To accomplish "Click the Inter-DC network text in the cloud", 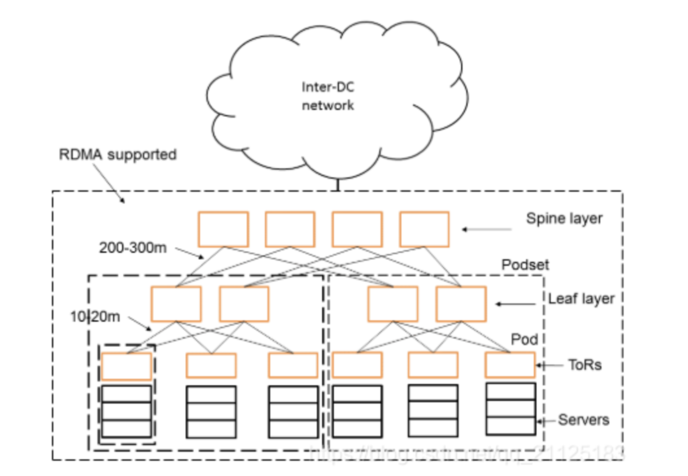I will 328,96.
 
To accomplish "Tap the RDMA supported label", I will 117,154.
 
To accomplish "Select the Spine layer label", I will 564,218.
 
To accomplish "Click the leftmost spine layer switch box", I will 223,229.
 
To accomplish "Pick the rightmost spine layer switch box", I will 424,229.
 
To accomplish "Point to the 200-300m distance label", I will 133,247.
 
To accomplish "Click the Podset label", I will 525,265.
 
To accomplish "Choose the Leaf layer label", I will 581,298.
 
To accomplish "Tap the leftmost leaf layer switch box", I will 176,304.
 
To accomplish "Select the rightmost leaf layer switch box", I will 461,304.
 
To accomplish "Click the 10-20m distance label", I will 95,316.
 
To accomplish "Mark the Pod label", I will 524,339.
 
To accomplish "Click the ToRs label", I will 585,365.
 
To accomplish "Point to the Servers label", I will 583,420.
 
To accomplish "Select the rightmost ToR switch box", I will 510,365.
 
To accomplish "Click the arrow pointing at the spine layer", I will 487,229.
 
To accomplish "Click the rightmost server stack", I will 511,409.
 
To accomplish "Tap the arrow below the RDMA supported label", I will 109,183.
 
